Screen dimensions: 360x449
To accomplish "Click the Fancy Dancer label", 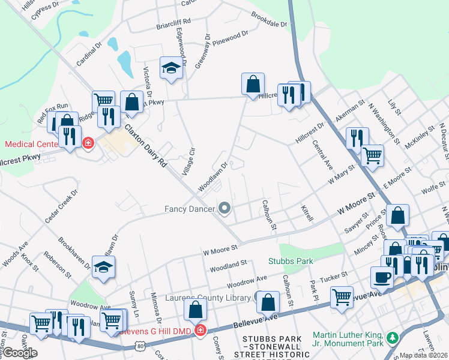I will pyautogui.click(x=190, y=209).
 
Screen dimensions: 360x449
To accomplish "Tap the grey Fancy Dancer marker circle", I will pyautogui.click(x=225, y=209).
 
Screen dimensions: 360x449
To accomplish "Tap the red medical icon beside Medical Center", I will pyautogui.click(x=88, y=143).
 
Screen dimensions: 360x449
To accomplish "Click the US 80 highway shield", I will pyautogui.click(x=140, y=346).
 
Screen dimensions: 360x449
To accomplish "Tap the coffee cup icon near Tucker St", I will pyautogui.click(x=382, y=277).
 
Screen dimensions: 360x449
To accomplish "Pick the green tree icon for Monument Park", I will pyautogui.click(x=393, y=338).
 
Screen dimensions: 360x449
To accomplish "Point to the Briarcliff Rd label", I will pyautogui.click(x=173, y=22).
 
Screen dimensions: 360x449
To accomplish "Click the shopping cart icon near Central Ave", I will pyautogui.click(x=373, y=155).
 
